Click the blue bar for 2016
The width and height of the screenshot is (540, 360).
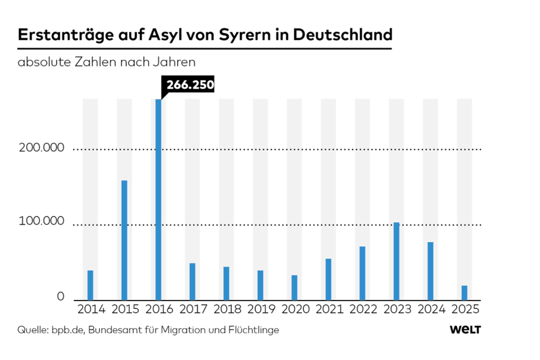(158, 199)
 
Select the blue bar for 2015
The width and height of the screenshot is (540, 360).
(124, 240)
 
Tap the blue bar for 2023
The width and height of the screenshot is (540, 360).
(397, 261)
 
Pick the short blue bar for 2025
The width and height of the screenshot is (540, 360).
(465, 293)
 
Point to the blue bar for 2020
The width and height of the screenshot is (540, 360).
(294, 287)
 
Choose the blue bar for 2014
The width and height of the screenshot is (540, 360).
(90, 285)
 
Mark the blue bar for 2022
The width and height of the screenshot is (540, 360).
(362, 273)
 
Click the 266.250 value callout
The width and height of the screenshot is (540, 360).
(189, 86)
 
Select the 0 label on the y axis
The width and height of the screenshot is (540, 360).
(60, 297)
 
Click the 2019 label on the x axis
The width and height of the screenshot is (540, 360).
(261, 310)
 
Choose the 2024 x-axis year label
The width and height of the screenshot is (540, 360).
(431, 310)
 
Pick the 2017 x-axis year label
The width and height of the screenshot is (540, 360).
(193, 310)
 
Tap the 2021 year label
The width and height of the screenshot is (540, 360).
(329, 310)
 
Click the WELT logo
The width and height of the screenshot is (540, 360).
(465, 330)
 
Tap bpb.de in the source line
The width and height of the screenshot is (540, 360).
(68, 330)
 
